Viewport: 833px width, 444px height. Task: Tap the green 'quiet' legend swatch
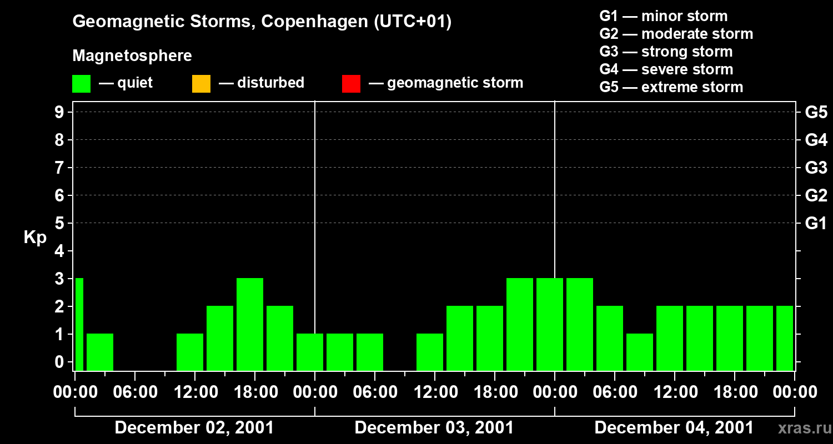pos(81,83)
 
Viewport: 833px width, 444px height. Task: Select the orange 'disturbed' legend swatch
pos(201,83)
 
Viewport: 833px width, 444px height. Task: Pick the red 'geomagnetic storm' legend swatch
pos(351,83)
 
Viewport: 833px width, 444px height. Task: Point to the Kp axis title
pos(35,238)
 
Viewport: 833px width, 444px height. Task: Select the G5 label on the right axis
pos(816,112)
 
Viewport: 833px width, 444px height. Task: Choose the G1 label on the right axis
pos(816,223)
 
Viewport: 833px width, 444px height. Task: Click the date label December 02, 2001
pos(194,428)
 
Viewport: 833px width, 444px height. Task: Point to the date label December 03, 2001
pos(434,428)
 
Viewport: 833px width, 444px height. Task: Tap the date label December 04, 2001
pos(674,428)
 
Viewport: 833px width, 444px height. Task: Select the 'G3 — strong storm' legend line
pos(666,52)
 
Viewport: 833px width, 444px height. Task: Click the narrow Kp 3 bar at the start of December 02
pos(79,324)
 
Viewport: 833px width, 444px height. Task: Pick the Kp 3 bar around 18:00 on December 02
pos(250,324)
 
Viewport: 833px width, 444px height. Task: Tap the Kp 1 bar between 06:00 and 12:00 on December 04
pos(640,352)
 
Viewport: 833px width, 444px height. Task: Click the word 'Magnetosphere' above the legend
pos(132,56)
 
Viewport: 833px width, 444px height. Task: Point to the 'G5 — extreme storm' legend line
pos(671,87)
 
